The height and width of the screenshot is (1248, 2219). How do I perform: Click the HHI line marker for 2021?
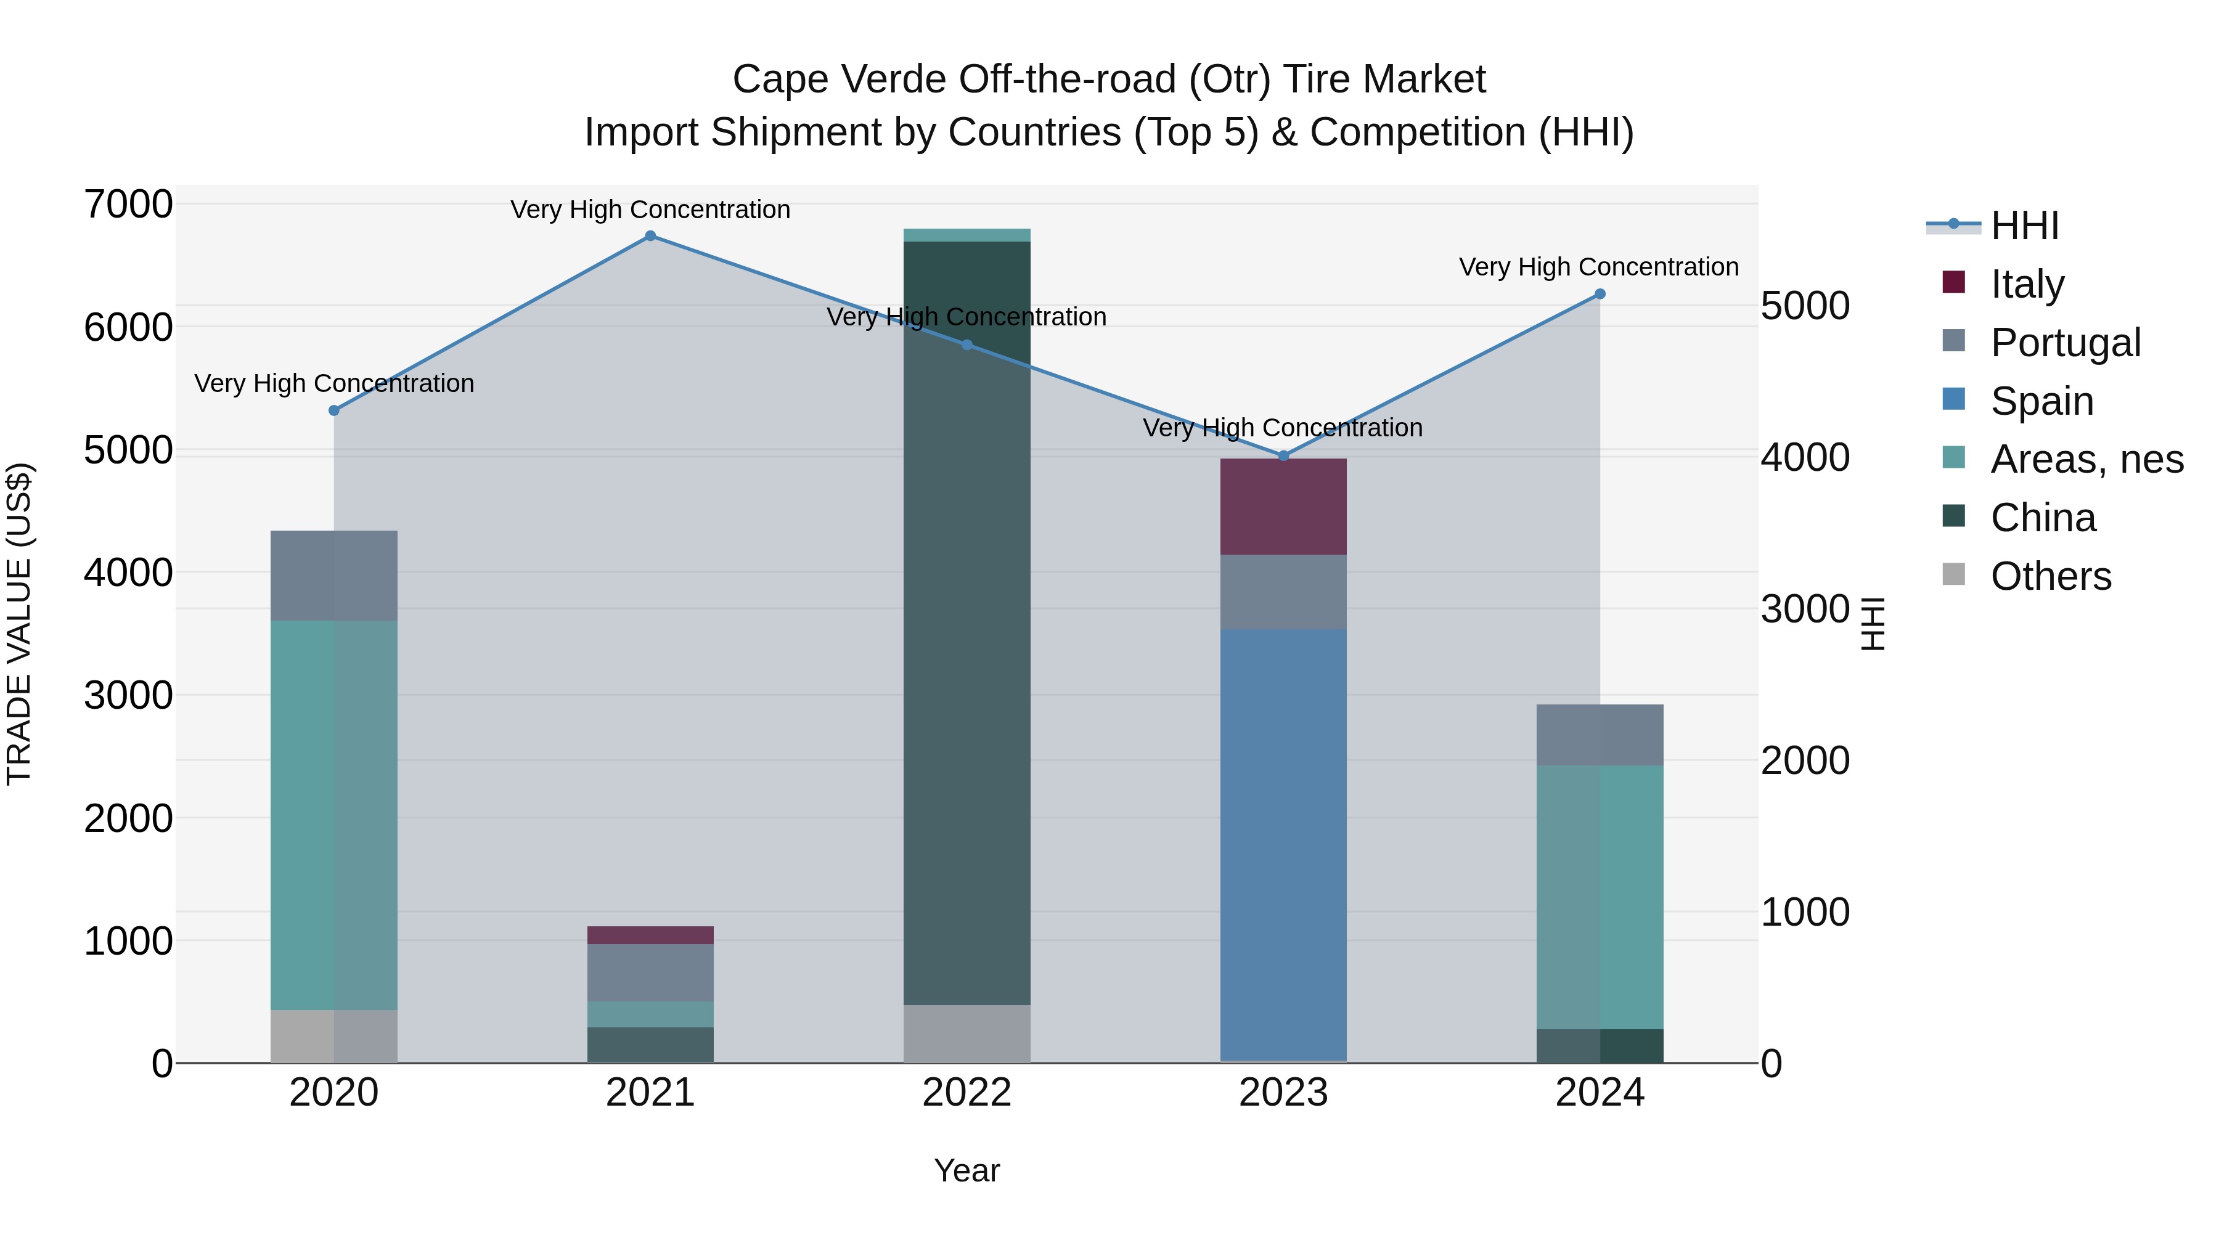650,236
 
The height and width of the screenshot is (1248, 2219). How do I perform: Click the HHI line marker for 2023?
1283,455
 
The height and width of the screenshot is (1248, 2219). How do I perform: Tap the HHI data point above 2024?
1600,294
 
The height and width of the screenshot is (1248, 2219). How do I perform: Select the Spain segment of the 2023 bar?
1283,844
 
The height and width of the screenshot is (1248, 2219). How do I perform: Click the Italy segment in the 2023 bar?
1283,507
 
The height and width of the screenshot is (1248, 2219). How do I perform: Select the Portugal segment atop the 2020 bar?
334,576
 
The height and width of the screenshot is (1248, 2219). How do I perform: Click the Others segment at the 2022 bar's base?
966,1034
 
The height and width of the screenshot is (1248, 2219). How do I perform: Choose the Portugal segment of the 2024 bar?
1600,735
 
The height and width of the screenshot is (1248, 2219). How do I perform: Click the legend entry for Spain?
2041,401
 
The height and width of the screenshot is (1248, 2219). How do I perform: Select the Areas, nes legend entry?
2085,459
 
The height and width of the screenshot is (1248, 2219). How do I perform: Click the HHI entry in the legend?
2024,226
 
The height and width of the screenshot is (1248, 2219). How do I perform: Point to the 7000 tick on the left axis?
128,205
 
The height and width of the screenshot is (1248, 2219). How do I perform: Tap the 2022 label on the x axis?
966,1093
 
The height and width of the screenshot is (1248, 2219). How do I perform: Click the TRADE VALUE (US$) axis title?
20,624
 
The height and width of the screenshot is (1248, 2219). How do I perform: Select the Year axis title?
966,1170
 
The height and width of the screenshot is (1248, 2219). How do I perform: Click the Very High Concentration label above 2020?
334,383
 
